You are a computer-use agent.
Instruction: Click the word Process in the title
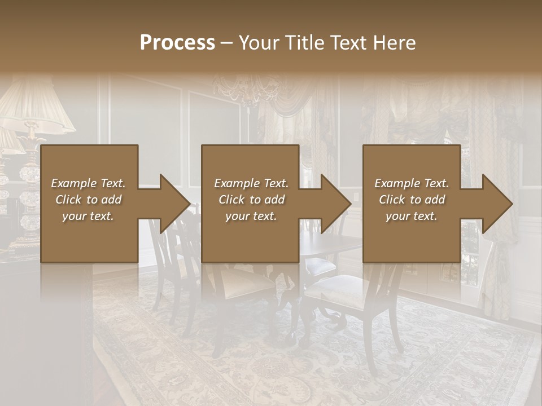coord(177,43)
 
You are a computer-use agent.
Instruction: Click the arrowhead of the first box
coord(174,204)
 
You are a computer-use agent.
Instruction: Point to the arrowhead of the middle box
coord(336,204)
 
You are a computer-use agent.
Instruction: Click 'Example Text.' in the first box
coord(89,183)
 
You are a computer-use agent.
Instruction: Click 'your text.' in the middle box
coord(251,216)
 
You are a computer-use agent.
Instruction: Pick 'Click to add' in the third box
coord(412,200)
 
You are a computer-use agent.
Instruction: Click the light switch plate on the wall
coord(356,198)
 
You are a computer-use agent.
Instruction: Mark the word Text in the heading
coord(349,43)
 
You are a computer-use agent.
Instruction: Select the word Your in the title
coord(259,43)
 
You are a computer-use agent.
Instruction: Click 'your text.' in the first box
coord(88,216)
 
